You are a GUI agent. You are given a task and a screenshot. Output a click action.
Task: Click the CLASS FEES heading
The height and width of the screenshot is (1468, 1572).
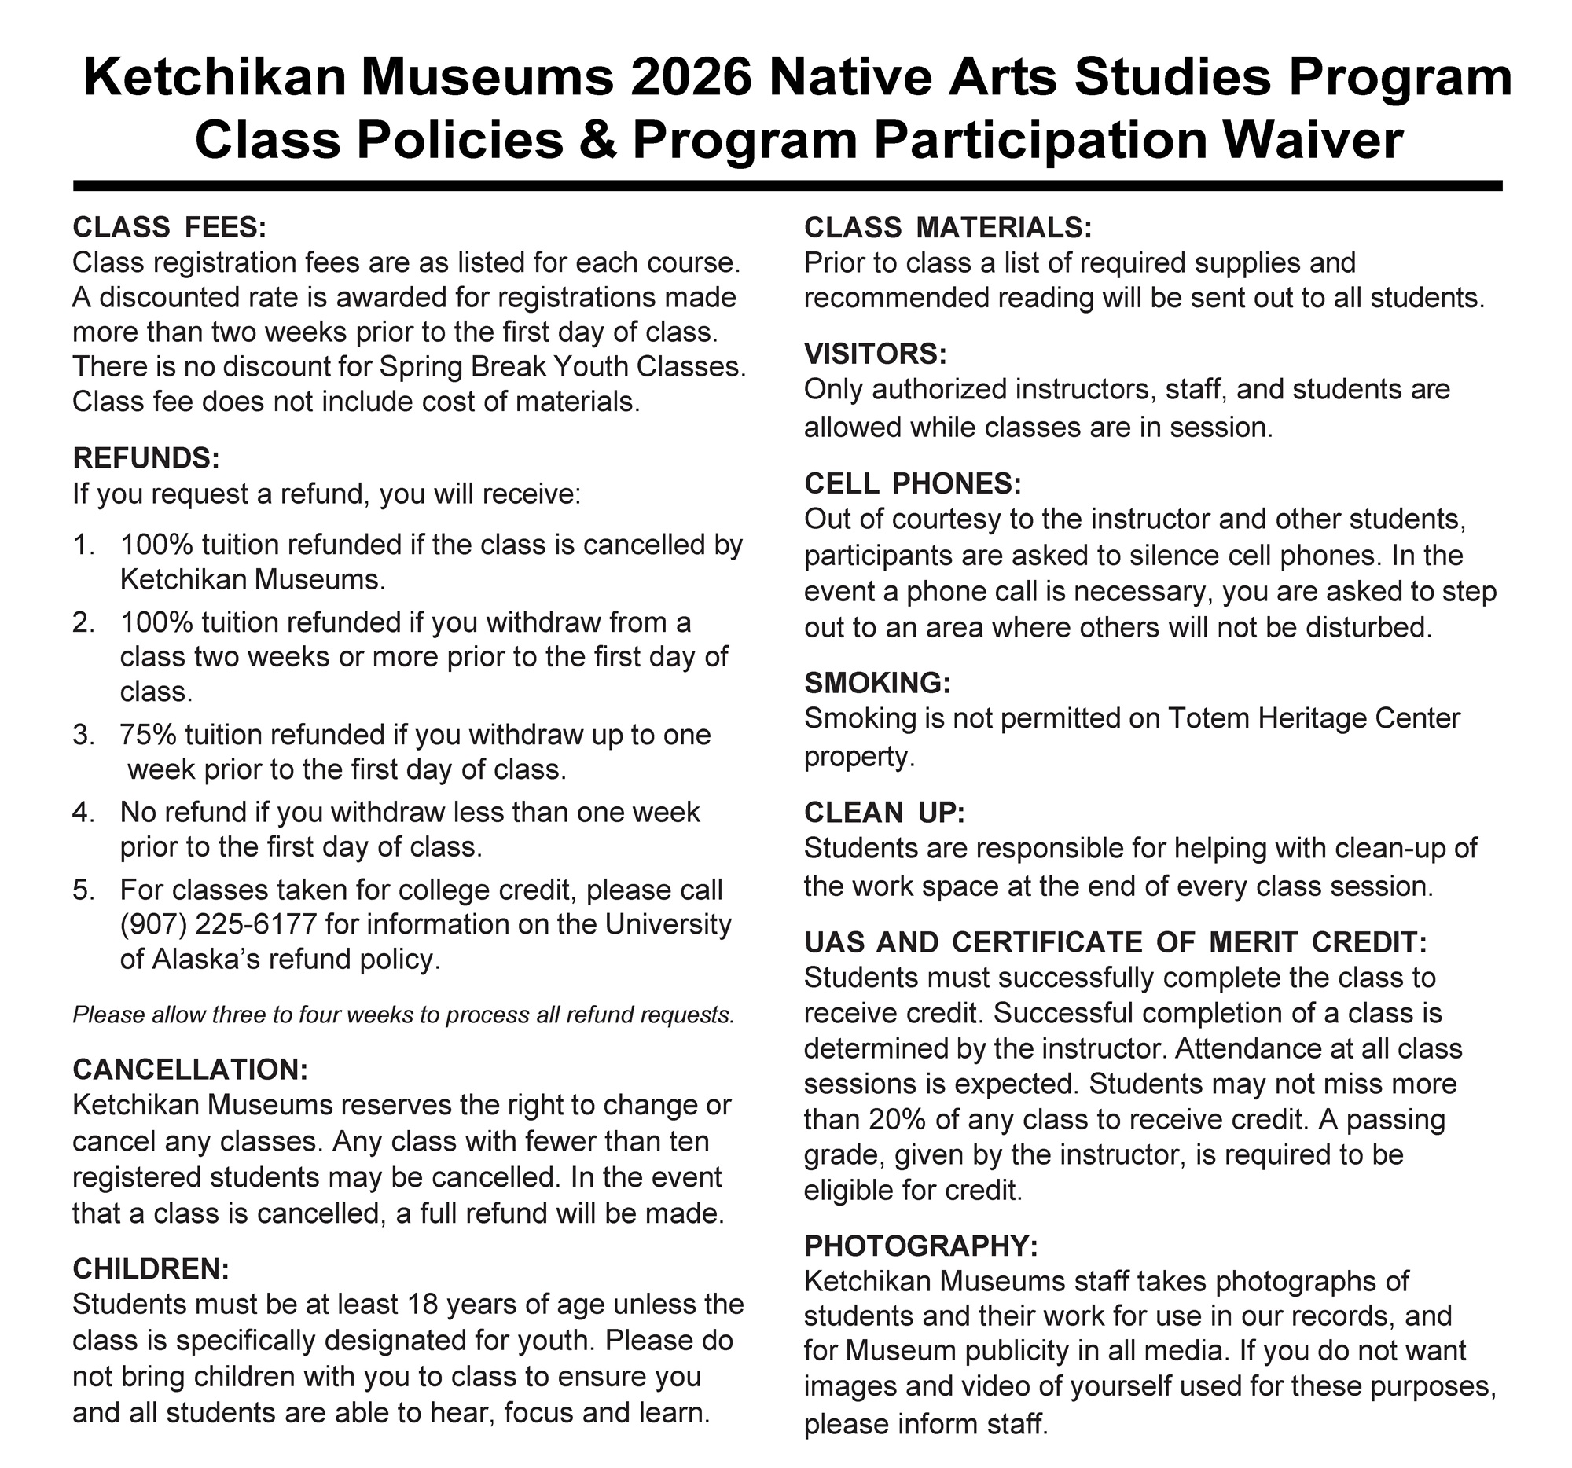pyautogui.click(x=169, y=228)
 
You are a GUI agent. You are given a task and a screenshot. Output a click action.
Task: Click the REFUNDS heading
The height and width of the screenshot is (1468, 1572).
pyautogui.click(x=145, y=457)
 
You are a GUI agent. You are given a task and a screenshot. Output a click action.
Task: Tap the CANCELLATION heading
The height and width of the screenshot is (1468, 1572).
pyautogui.click(x=189, y=1069)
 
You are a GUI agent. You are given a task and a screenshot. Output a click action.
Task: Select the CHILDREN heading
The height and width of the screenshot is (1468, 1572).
pyautogui.click(x=150, y=1269)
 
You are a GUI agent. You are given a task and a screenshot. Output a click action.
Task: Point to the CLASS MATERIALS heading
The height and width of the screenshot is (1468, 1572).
pyautogui.click(x=947, y=228)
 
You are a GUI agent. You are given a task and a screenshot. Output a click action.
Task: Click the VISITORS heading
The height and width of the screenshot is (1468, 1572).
pyautogui.click(x=876, y=354)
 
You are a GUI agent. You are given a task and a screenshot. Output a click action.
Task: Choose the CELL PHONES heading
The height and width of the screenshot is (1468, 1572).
pyautogui.click(x=913, y=483)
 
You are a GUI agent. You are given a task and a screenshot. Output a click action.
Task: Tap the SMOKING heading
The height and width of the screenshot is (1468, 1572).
pyautogui.click(x=877, y=682)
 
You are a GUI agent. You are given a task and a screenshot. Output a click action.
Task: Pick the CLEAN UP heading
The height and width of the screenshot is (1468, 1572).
pyautogui.click(x=884, y=812)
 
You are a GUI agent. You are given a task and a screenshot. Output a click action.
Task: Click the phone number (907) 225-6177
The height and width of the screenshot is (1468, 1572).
pyautogui.click(x=219, y=923)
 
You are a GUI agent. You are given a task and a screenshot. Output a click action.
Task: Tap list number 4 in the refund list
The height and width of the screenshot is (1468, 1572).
pyautogui.click(x=83, y=812)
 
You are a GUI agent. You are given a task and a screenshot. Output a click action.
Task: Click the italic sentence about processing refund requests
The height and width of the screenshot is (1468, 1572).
pyautogui.click(x=403, y=1015)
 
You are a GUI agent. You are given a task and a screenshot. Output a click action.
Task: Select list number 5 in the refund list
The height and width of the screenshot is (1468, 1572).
pyautogui.click(x=83, y=890)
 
